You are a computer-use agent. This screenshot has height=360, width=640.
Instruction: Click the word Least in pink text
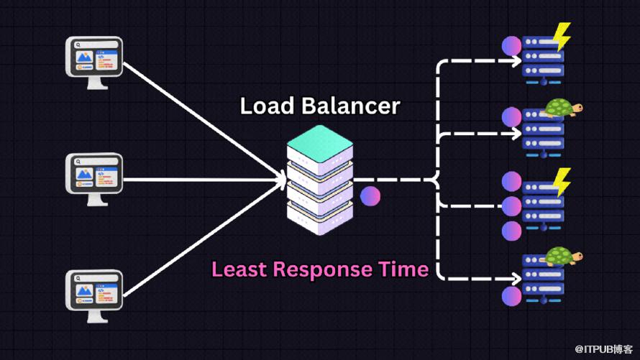239,270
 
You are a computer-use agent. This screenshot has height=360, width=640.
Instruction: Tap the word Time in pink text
406,270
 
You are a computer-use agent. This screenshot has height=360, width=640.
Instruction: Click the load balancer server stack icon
320,180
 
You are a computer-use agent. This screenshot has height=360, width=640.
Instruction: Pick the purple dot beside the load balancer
370,195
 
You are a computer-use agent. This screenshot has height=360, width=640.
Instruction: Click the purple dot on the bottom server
511,295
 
